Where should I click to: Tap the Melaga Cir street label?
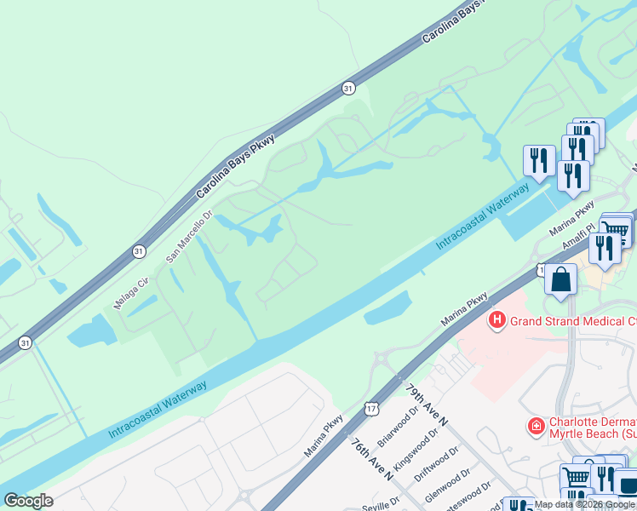coord(131,291)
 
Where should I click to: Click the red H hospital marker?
coord(496,321)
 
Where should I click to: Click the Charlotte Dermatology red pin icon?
coord(536,425)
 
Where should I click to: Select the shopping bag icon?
coord(561,280)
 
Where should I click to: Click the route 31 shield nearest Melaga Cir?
coord(139,251)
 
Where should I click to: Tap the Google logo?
coord(28,501)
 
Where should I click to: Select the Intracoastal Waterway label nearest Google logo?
coord(158,411)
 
